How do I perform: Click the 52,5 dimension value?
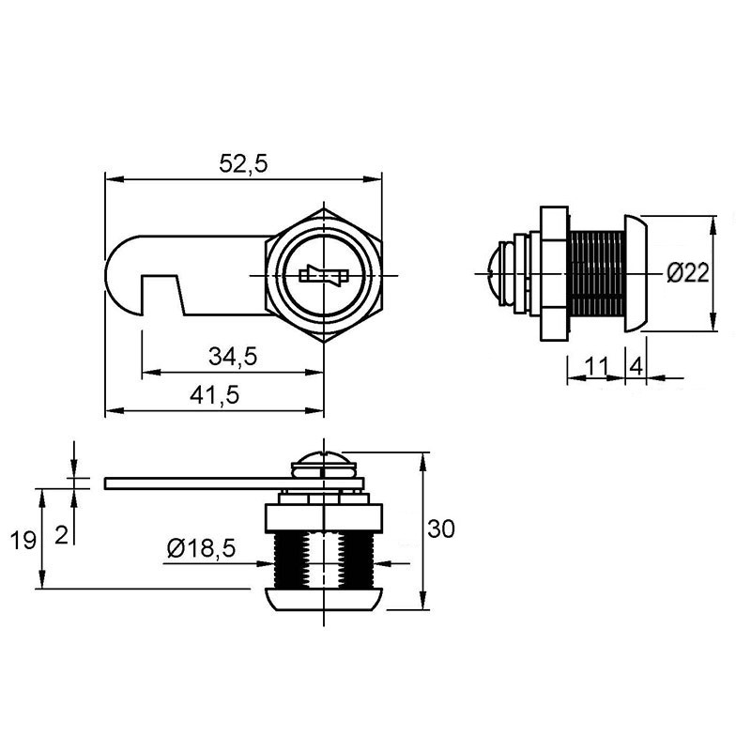tap(243, 163)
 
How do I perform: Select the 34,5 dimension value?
tap(233, 357)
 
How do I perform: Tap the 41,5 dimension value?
tap(214, 395)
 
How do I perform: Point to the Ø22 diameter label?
tap(688, 273)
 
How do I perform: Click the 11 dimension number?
tap(597, 366)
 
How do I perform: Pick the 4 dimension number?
tap(636, 367)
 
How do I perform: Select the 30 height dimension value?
tap(440, 529)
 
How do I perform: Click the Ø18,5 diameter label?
tap(201, 548)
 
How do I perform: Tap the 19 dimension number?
tap(23, 541)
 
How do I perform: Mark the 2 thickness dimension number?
tap(61, 535)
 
